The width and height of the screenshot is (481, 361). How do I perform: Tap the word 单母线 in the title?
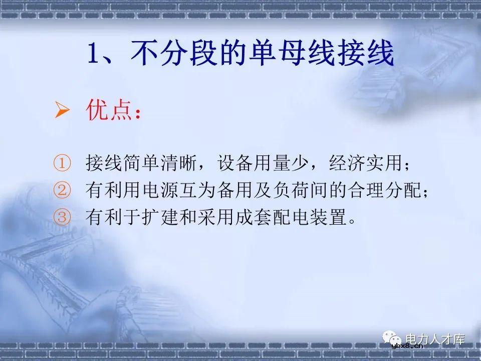click(x=276, y=54)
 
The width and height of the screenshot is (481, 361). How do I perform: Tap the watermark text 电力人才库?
click(x=435, y=339)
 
